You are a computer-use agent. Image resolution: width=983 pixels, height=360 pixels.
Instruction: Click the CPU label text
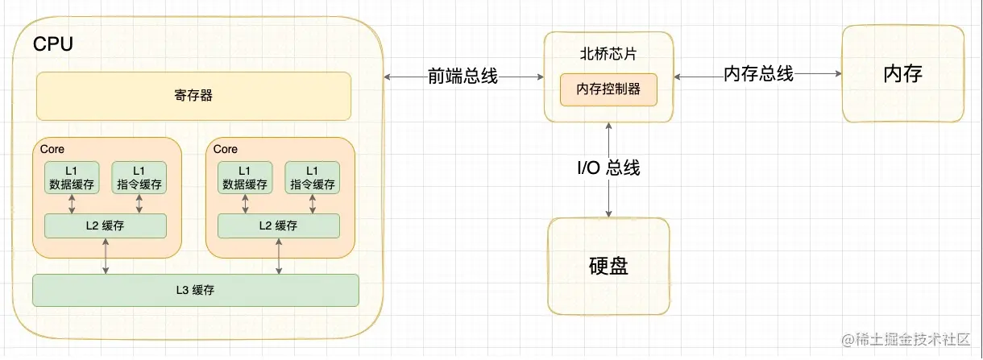[52, 44]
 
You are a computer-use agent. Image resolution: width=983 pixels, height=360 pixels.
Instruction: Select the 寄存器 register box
[193, 96]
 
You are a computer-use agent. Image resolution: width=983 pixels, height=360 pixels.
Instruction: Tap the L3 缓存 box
[195, 290]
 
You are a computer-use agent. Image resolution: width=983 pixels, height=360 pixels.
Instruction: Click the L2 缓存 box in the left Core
[106, 226]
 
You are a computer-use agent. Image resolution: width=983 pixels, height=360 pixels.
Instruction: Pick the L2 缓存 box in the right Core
[279, 226]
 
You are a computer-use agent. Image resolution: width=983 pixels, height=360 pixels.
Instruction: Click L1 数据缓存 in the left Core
[72, 177]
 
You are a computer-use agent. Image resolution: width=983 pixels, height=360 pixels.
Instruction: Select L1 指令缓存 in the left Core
[139, 177]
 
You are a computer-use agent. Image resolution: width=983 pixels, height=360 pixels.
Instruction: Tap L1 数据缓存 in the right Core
[245, 177]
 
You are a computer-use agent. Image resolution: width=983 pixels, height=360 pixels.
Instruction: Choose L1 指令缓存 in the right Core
[312, 177]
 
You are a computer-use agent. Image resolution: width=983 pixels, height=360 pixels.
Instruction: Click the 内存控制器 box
[608, 89]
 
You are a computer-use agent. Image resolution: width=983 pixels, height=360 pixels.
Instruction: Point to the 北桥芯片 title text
[608, 55]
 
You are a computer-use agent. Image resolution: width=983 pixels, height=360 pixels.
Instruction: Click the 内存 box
[902, 74]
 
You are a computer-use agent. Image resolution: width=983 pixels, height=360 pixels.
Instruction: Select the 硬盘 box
[608, 266]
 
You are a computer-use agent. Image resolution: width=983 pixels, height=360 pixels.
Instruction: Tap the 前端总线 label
[462, 77]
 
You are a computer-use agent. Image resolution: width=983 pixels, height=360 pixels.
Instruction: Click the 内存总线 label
[758, 74]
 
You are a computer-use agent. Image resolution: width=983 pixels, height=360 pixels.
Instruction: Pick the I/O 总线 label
[608, 168]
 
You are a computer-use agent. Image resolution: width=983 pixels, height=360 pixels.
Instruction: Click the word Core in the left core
[52, 149]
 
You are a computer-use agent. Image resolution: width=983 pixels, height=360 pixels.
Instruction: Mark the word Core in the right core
[226, 149]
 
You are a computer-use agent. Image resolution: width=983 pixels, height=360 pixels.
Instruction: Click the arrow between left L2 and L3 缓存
[106, 256]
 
